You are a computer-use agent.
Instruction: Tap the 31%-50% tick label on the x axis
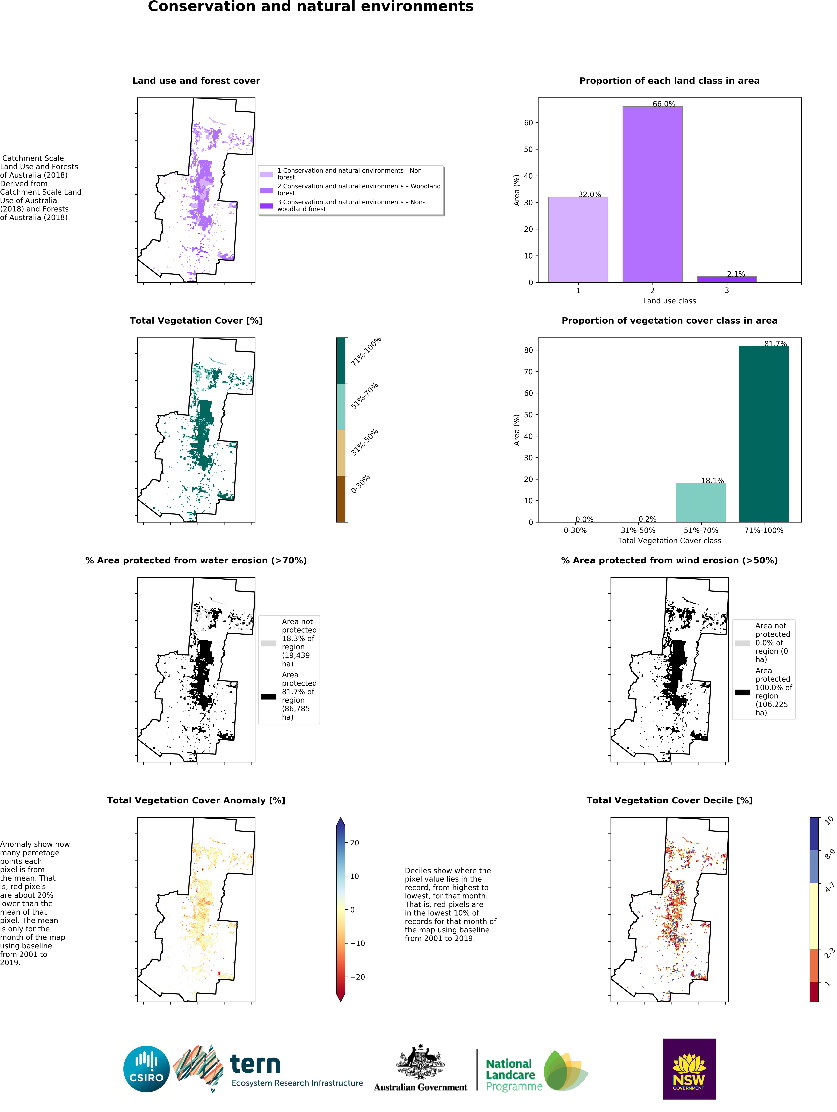point(638,530)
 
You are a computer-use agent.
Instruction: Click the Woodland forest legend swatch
point(266,190)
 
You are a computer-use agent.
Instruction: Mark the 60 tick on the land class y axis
point(528,123)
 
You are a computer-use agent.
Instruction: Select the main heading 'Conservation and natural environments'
point(311,7)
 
